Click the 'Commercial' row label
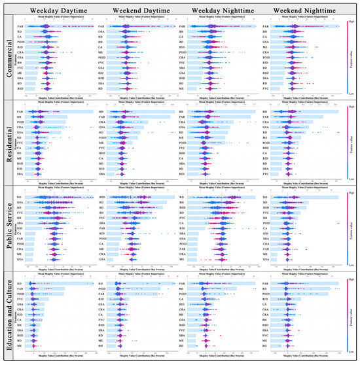pos(9,58)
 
